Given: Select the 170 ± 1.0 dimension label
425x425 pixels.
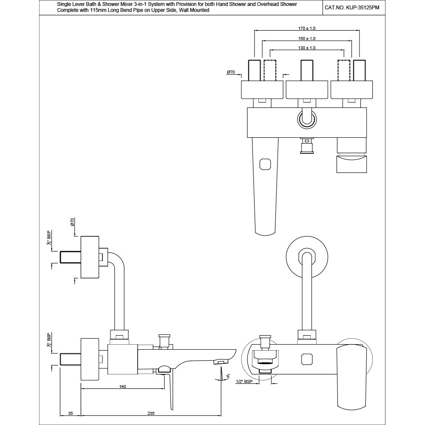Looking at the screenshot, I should (x=307, y=28).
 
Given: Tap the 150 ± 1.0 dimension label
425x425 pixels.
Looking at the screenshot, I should (x=307, y=38).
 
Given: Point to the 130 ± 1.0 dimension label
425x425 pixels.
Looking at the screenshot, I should (x=307, y=48).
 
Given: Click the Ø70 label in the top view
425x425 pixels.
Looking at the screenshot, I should (x=231, y=73).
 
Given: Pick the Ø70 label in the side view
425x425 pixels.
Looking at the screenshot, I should (x=73, y=222).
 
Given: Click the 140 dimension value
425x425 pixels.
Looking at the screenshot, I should (x=122, y=387).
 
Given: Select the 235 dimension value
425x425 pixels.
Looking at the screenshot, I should (x=151, y=413).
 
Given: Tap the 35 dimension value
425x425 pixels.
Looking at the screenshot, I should (x=71, y=413).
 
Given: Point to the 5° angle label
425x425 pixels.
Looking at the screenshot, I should (x=228, y=377).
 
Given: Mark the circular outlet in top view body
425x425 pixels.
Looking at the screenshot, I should (x=306, y=119).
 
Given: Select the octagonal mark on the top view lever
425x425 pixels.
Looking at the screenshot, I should (x=265, y=164).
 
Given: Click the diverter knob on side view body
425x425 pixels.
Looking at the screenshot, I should (x=163, y=340).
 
